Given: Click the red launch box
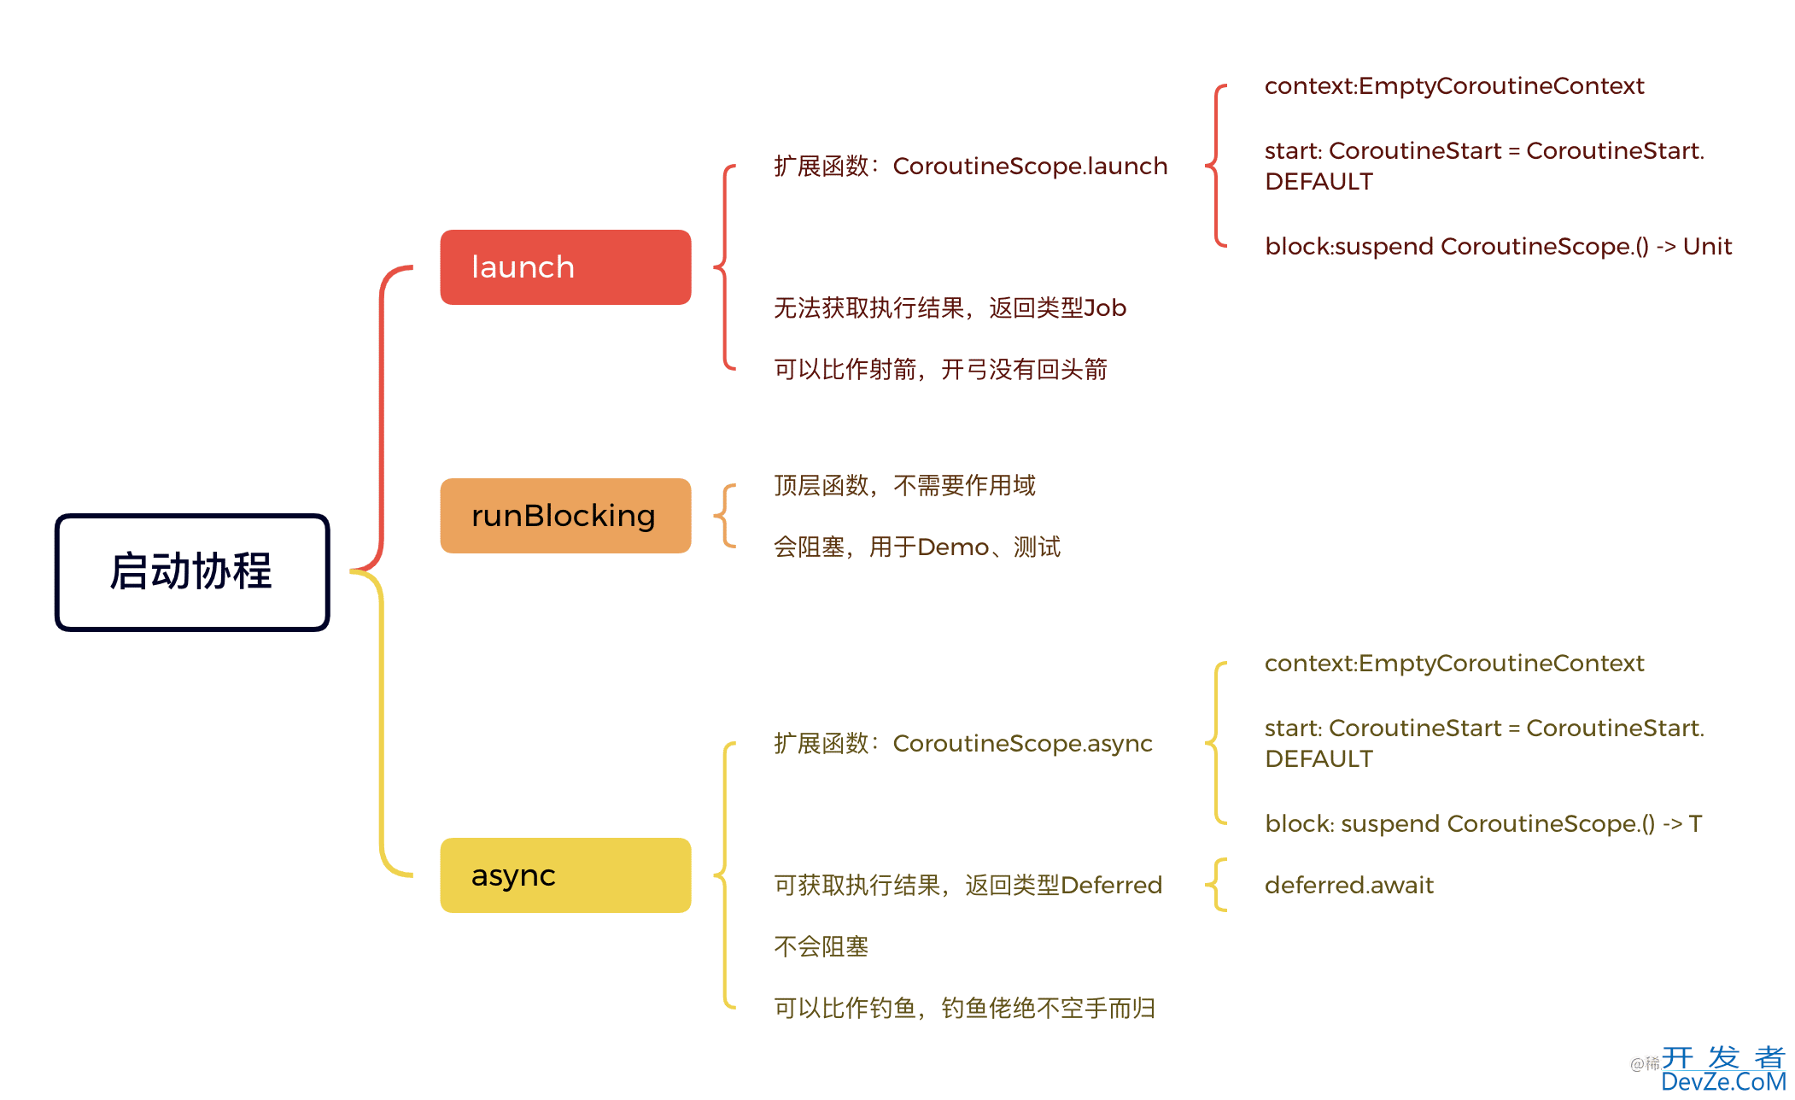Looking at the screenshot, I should pos(565,267).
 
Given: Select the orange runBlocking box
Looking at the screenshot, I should pos(565,516).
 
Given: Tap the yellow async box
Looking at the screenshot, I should pos(565,875).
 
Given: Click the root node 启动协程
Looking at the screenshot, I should pos(192,572).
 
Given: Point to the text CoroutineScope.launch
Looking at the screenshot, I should pos(1029,167).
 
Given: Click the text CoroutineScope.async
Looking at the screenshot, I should pos(1022,744).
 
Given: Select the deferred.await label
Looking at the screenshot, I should pos(1348,886).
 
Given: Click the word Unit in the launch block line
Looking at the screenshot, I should pos(1707,247).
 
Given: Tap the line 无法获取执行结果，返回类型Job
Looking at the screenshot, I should pos(950,308).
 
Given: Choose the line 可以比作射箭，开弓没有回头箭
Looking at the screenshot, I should pos(940,370).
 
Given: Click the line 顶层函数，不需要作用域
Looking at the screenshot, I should pos(904,486).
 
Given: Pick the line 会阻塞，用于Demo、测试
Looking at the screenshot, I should pos(916,547).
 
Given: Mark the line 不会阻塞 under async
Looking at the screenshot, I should pos(821,947).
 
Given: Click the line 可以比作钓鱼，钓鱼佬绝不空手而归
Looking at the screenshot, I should pos(964,1009).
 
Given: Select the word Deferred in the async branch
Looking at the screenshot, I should pos(1111,886).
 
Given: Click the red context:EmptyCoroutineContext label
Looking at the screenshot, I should pos(1453,86).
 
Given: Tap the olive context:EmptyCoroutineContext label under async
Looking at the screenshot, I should pos(1453,664).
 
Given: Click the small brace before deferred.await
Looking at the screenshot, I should pos(1217,886).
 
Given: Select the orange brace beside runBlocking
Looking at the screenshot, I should pos(725,516).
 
